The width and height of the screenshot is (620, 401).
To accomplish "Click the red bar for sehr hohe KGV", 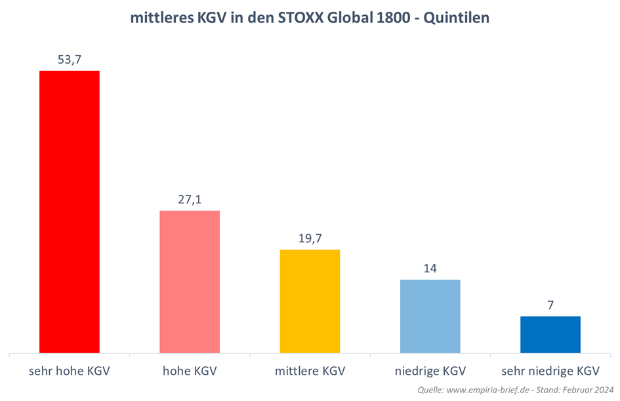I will (x=70, y=211).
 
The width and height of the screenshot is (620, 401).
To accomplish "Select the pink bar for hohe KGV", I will (x=190, y=282).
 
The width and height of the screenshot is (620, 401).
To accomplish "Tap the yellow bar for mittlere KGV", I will (x=310, y=301).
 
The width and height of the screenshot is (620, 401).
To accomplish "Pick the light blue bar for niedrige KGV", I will (x=430, y=316).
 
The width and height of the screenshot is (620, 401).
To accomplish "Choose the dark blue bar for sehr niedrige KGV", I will (x=550, y=335).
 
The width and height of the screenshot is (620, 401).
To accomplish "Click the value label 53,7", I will (x=70, y=59).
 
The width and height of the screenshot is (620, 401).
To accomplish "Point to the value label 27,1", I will (x=190, y=199).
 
